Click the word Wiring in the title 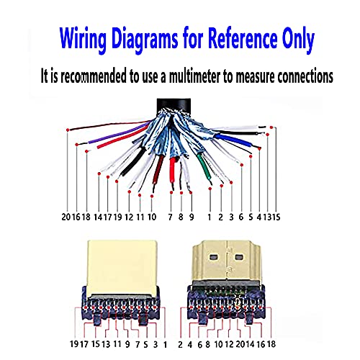[x=83, y=39]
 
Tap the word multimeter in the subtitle [x=194, y=76]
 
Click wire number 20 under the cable [x=66, y=217]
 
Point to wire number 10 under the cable [x=152, y=217]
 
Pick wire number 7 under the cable [x=170, y=217]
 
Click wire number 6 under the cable [x=241, y=217]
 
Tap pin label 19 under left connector [x=74, y=344]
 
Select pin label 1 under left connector [x=165, y=345]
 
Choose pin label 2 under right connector [x=180, y=345]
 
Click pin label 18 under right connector [x=271, y=344]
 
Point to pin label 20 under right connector [x=240, y=344]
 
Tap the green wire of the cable [x=204, y=166]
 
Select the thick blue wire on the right [x=233, y=140]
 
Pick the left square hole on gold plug [x=215, y=257]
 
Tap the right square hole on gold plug [x=239, y=257]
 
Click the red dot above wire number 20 [x=68, y=130]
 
